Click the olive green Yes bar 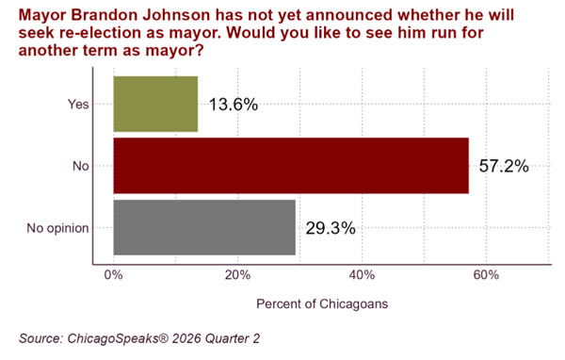[155, 104]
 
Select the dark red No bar [291, 166]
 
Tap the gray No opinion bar [204, 228]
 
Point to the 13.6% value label [234, 105]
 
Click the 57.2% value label [504, 166]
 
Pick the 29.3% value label [331, 228]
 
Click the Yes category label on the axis [78, 105]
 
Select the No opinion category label [57, 228]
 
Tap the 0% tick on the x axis [114, 275]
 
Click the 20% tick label [238, 275]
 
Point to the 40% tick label [362, 275]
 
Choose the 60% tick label [486, 275]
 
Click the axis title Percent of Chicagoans [322, 304]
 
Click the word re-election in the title [93, 33]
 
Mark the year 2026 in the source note [186, 338]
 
